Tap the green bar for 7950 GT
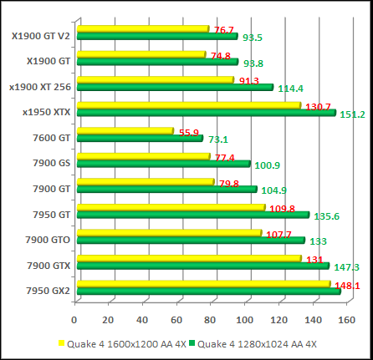click(x=192, y=215)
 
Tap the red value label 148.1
click(x=347, y=286)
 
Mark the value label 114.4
click(x=290, y=89)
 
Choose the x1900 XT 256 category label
click(x=39, y=85)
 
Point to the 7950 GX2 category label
click(x=47, y=291)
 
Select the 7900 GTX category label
click(x=48, y=266)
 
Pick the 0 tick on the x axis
click(x=75, y=319)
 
